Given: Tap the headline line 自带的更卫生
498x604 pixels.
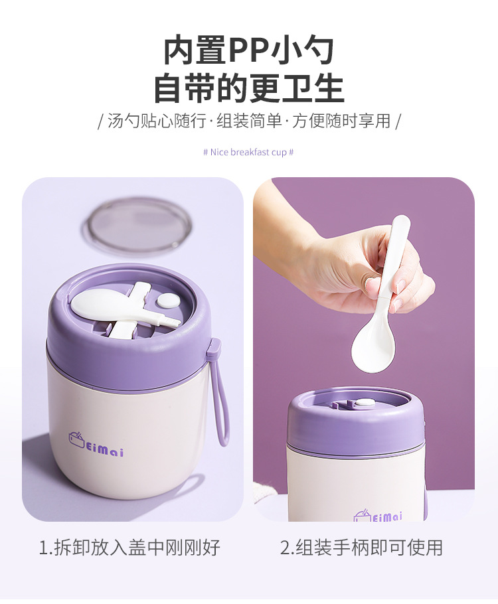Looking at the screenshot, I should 249,89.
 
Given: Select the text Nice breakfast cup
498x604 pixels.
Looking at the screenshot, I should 248,152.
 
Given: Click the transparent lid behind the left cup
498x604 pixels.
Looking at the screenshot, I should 139,226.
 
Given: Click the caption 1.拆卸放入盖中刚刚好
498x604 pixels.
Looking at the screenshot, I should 129,548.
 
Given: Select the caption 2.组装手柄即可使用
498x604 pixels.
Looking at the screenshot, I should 361,548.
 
